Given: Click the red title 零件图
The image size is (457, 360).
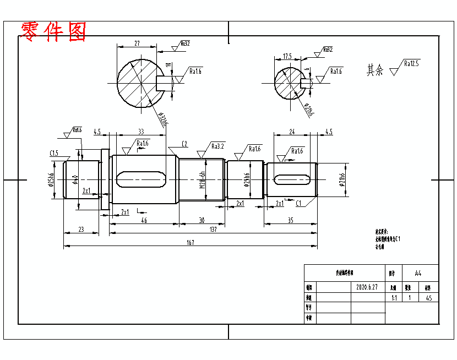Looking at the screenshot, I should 53,31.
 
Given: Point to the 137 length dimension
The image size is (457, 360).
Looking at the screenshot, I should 213,230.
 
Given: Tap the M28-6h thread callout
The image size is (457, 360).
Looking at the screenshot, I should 202,179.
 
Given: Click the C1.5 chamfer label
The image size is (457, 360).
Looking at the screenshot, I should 54,152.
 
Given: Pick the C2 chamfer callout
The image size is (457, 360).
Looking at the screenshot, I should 184,144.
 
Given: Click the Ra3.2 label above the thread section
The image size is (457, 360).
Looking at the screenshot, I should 218,146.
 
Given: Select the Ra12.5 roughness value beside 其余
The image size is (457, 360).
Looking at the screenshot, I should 411,63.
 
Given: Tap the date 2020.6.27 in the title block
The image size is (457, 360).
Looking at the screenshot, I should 367,287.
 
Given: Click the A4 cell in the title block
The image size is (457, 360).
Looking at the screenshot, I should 418,272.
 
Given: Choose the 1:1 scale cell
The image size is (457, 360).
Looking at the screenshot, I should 394,298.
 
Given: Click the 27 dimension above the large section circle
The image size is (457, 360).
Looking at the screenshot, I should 137,42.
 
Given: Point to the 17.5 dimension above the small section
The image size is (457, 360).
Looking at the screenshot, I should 287,56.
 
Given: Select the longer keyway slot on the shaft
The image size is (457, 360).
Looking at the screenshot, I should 143,179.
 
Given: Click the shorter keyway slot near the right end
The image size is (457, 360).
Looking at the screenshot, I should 291,179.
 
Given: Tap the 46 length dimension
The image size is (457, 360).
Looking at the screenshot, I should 144,220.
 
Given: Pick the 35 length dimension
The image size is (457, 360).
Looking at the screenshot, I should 290,220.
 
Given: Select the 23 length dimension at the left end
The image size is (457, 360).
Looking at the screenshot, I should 81,230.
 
